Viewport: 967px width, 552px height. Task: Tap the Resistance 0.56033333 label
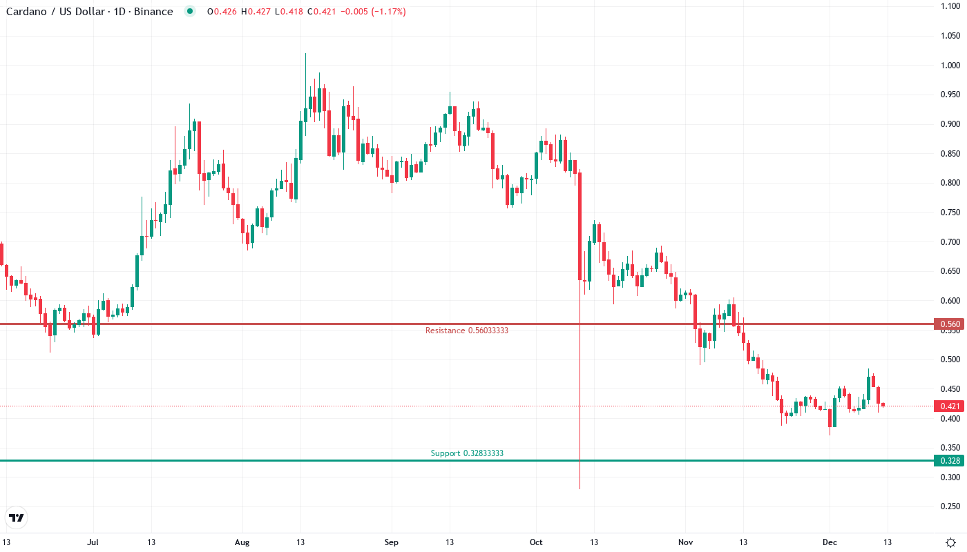tap(466, 331)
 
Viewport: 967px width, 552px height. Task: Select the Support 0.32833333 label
tap(467, 453)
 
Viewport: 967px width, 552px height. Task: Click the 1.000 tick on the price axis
tap(950, 66)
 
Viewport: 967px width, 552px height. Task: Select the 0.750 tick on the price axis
tap(950, 213)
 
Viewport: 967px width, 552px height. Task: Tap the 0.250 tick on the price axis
tap(950, 506)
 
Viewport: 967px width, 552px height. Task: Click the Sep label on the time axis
tap(391, 542)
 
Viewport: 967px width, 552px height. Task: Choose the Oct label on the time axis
tap(536, 542)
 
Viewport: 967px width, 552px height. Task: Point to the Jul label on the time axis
tap(93, 542)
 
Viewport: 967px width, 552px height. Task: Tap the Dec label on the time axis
tap(830, 542)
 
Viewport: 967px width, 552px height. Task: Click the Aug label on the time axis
tap(242, 542)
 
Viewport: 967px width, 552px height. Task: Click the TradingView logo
tap(17, 517)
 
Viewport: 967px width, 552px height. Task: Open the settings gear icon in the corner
tap(950, 542)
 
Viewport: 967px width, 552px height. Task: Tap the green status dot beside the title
tap(190, 12)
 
